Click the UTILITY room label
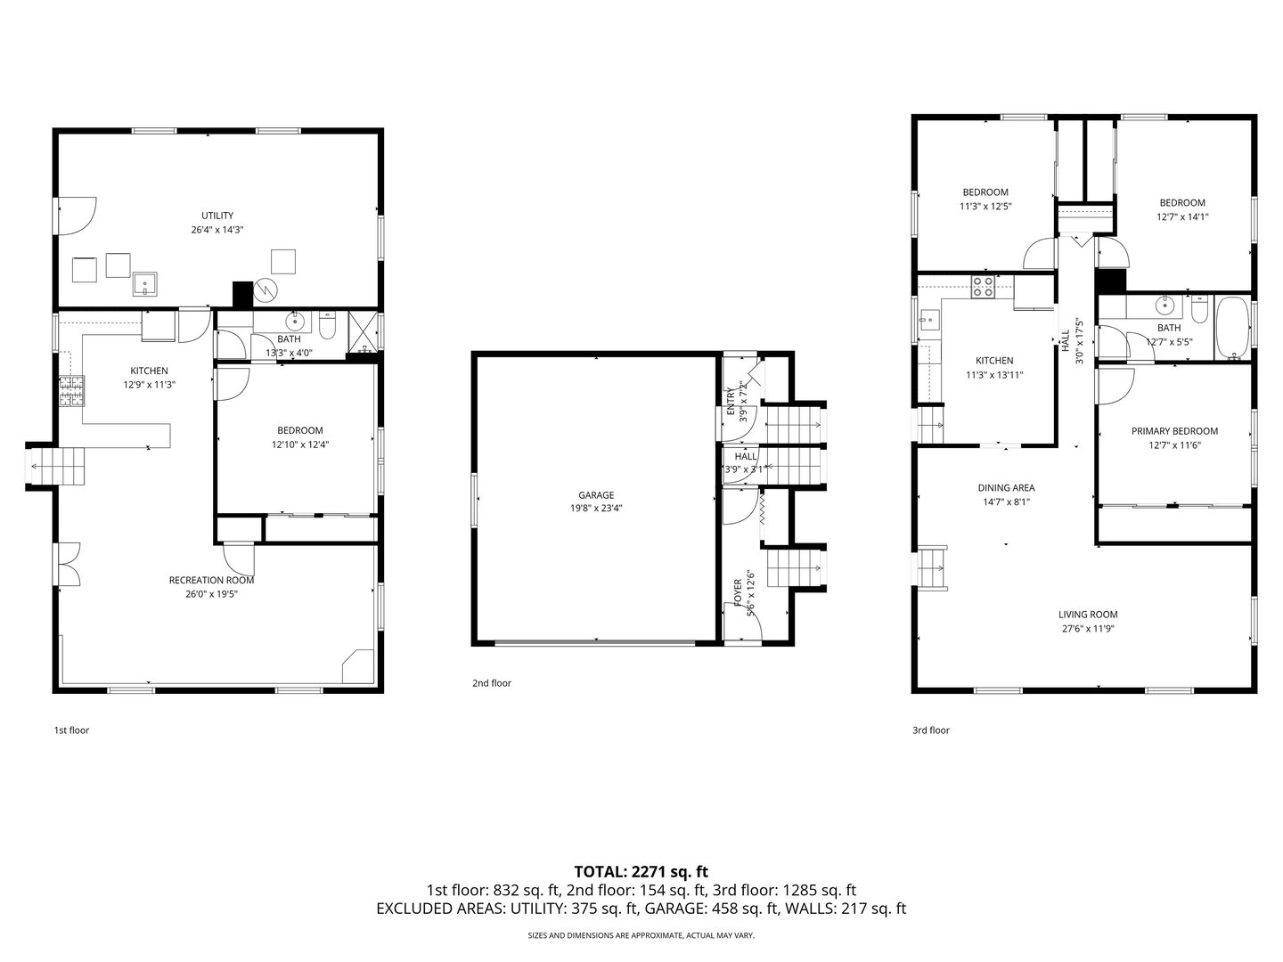217,216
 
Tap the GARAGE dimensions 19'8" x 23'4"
596,508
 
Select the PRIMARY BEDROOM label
1174,431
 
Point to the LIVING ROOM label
1088,615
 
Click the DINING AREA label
1006,488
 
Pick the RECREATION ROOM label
211,580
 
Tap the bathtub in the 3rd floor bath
1233,329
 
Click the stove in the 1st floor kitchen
71,391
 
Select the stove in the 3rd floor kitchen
983,287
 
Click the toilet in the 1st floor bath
327,325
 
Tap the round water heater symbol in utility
266,289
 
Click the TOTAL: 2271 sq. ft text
641,872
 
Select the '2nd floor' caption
492,683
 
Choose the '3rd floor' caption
930,730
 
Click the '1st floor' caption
71,730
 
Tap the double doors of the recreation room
67,564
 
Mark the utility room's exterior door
76,216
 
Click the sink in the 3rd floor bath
1164,305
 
